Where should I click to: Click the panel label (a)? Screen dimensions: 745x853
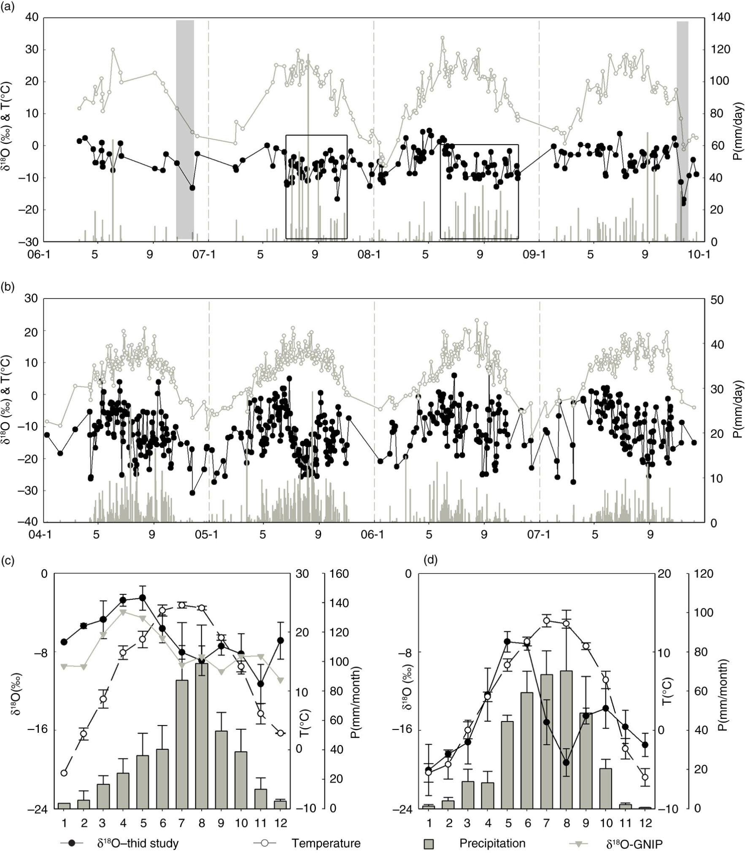[x=8, y=7]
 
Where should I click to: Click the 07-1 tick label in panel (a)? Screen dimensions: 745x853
[x=204, y=254]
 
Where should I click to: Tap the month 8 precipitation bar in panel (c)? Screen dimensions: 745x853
[x=202, y=736]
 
